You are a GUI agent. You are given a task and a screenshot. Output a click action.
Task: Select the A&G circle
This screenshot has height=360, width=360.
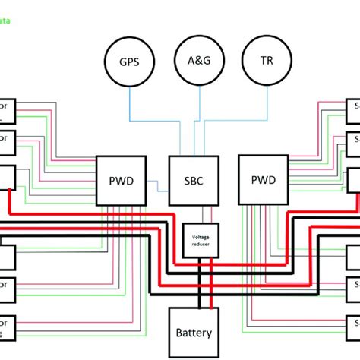tap(201, 60)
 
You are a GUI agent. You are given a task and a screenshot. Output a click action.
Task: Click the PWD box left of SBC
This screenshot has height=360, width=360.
tap(118, 181)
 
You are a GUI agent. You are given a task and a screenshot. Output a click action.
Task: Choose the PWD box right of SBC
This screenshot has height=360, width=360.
tap(262, 181)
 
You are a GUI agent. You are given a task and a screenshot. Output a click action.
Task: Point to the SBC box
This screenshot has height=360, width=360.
tap(190, 181)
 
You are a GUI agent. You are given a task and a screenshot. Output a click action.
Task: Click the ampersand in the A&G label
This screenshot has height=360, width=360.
tap(201, 60)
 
